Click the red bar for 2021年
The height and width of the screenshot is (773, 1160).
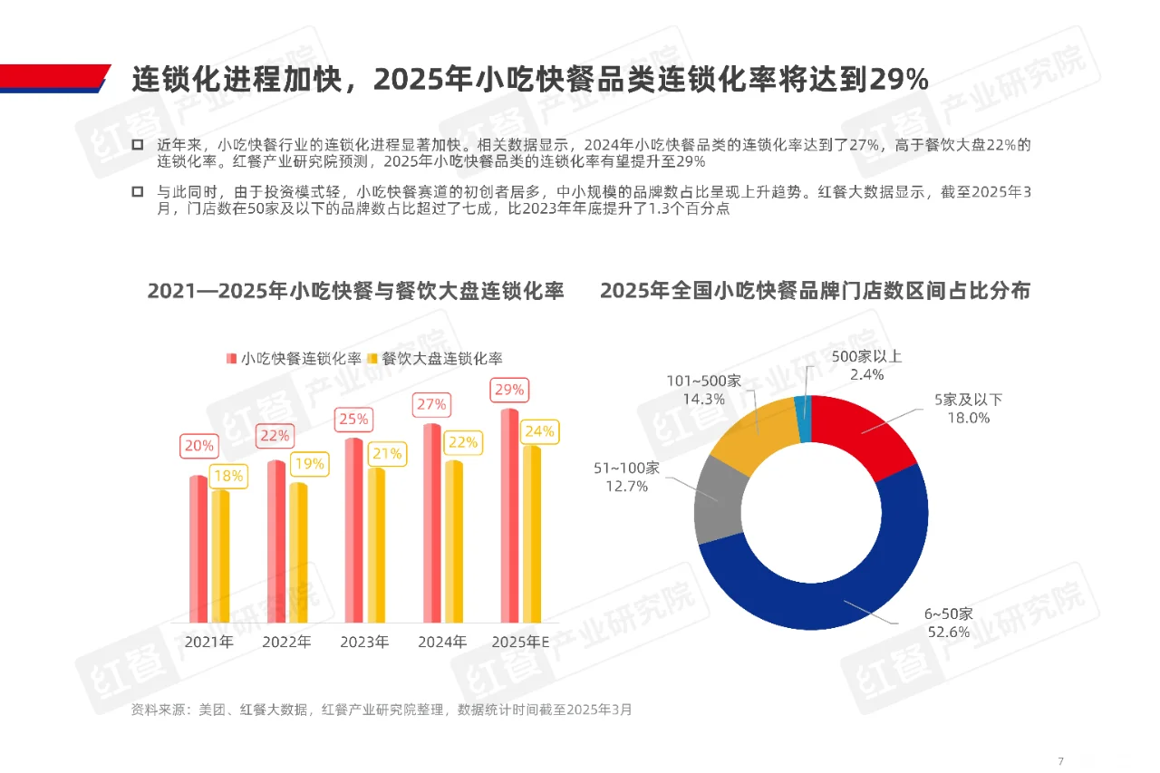tap(198, 548)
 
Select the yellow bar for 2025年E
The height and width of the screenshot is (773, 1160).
tap(532, 535)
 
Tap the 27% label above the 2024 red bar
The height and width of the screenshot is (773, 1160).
tap(431, 404)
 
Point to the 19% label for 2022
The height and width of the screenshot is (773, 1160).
tap(310, 464)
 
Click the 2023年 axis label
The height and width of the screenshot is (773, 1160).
tap(364, 643)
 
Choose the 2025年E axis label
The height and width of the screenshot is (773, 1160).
tap(521, 643)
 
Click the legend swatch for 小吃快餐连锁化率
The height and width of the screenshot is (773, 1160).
tap(232, 358)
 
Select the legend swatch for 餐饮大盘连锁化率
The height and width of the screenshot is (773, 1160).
tap(372, 358)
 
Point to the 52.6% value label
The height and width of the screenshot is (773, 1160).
tap(948, 632)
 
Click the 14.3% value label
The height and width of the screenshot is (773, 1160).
tap(702, 398)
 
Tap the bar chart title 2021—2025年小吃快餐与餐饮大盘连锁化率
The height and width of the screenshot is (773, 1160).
tap(355, 291)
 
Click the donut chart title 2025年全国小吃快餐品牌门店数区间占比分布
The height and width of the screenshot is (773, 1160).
tap(815, 291)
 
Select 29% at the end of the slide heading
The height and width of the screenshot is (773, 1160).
tap(899, 80)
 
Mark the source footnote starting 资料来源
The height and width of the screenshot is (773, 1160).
tap(382, 710)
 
